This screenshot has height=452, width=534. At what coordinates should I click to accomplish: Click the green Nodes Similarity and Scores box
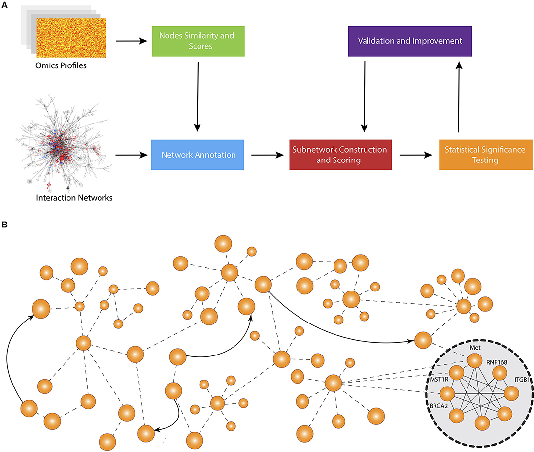point(197,41)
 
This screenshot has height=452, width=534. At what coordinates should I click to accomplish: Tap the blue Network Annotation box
point(197,154)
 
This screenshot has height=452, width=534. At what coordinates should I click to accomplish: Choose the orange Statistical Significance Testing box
point(486,154)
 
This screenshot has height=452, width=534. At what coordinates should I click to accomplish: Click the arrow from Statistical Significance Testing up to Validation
point(459,96)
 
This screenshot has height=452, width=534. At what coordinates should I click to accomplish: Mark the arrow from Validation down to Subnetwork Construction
point(364,96)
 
